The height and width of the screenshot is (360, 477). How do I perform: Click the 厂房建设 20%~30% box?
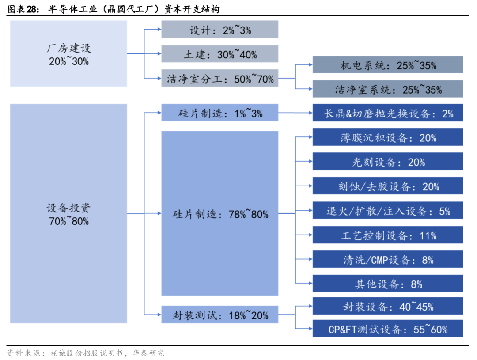click(x=68, y=53)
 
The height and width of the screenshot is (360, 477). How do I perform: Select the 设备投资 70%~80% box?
click(x=68, y=213)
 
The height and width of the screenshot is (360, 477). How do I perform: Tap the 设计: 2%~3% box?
click(x=220, y=29)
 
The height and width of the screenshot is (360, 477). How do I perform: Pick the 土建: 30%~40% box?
click(x=220, y=53)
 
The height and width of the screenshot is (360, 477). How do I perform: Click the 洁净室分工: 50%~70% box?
click(x=220, y=78)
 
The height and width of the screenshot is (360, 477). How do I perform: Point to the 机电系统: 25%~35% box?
click(x=388, y=64)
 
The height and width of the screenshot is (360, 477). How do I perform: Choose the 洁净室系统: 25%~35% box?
click(x=388, y=89)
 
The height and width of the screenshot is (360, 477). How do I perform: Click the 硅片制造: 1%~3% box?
click(x=220, y=113)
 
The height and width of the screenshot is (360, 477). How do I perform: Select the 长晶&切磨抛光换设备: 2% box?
click(x=388, y=113)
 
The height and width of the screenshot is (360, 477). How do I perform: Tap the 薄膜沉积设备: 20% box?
click(x=388, y=137)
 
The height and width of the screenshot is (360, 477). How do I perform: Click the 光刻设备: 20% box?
click(x=388, y=161)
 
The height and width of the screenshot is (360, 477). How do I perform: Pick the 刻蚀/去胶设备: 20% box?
click(x=388, y=186)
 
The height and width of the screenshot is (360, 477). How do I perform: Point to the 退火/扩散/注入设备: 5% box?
click(x=388, y=210)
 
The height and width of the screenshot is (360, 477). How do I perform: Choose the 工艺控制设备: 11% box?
click(x=388, y=235)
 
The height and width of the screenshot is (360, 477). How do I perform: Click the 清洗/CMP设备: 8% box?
click(x=388, y=259)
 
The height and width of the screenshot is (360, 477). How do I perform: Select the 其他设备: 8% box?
click(x=388, y=283)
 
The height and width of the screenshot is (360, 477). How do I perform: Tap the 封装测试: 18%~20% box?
click(x=220, y=315)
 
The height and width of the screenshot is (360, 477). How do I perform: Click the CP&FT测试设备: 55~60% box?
click(x=388, y=328)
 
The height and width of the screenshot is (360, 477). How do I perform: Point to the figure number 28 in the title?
click(x=32, y=9)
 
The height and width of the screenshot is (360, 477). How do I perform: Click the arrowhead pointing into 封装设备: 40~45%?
click(x=310, y=306)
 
